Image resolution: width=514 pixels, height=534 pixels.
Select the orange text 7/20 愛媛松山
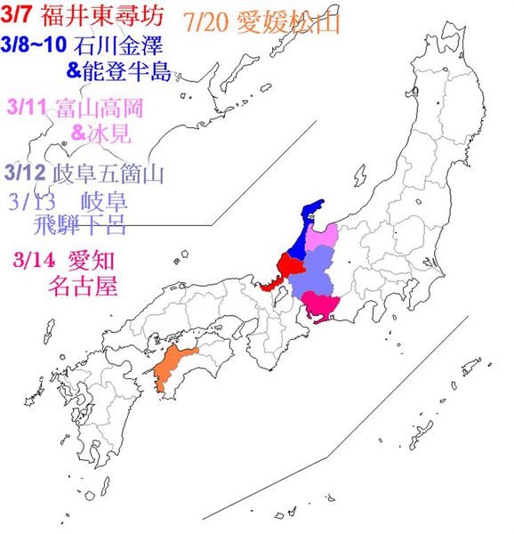click(x=265, y=23)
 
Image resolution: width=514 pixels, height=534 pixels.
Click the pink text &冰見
click(x=98, y=133)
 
